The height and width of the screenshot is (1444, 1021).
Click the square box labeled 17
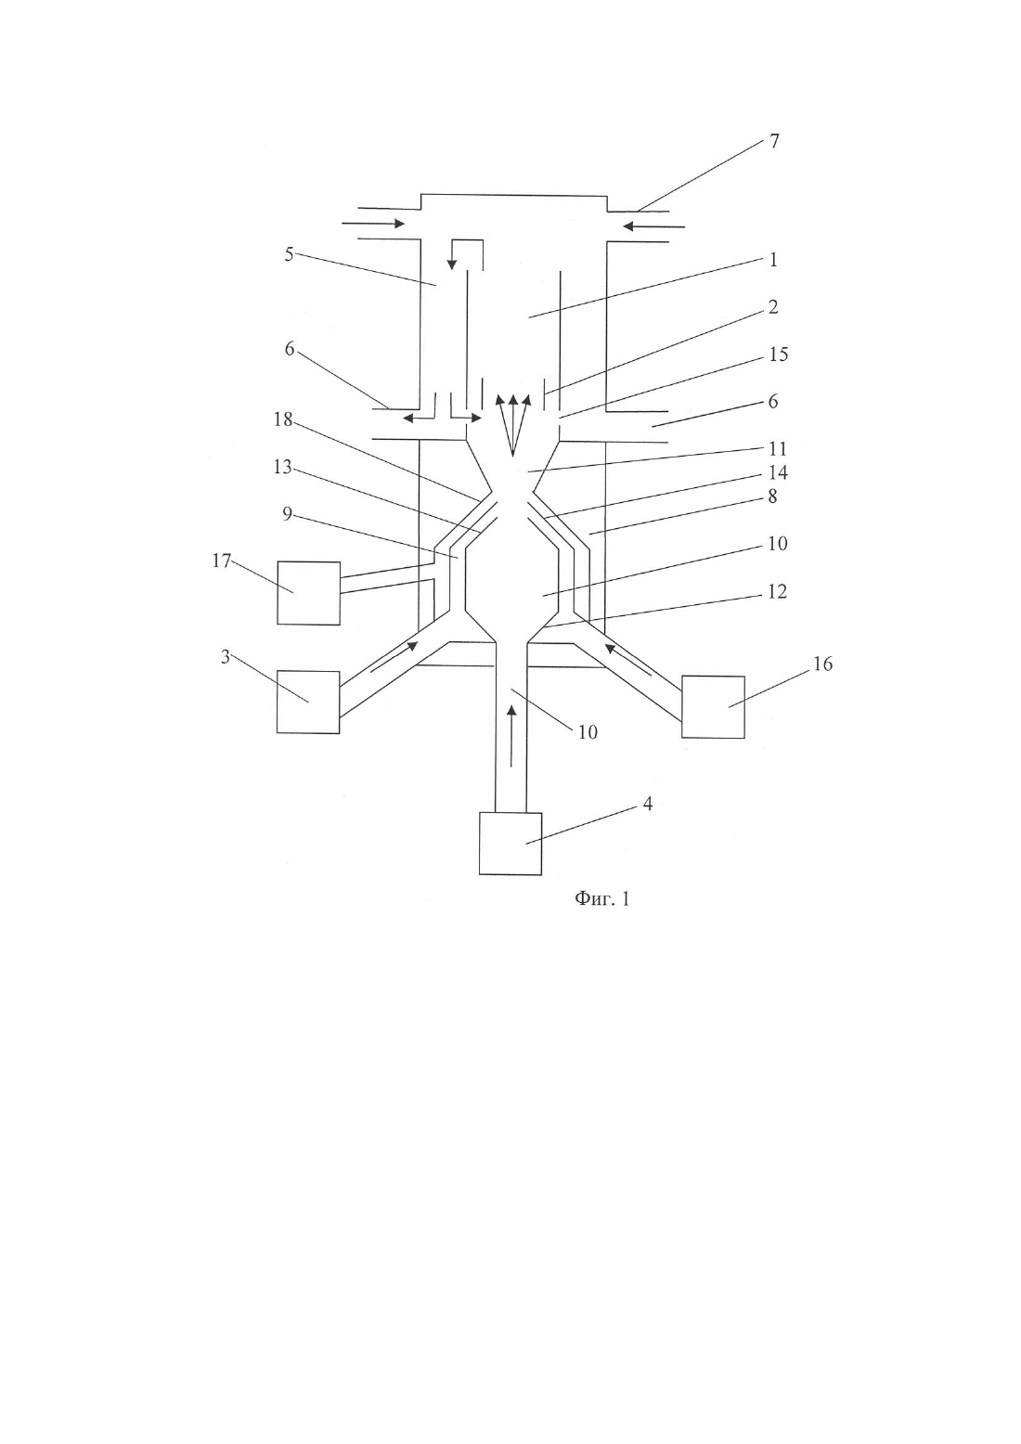[309, 593]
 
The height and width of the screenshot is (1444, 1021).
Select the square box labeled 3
[308, 702]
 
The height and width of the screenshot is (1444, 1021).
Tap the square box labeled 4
[510, 844]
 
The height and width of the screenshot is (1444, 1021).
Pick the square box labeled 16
[714, 706]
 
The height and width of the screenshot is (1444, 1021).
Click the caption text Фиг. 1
[602, 898]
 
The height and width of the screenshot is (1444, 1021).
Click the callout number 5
[289, 254]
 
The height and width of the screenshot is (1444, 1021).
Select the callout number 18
[283, 419]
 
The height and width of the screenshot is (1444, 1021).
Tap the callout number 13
[283, 467]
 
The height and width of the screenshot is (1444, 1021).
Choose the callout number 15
[779, 354]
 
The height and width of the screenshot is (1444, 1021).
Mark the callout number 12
[778, 591]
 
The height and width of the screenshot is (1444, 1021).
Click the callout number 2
[773, 307]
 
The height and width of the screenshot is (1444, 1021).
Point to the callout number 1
[773, 260]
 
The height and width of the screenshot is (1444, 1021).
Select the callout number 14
[778, 472]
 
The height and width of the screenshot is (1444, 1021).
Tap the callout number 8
[773, 496]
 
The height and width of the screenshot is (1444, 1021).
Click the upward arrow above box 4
[511, 736]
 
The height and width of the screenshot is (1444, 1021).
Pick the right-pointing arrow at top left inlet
[373, 224]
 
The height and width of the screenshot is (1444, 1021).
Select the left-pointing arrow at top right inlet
[653, 226]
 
